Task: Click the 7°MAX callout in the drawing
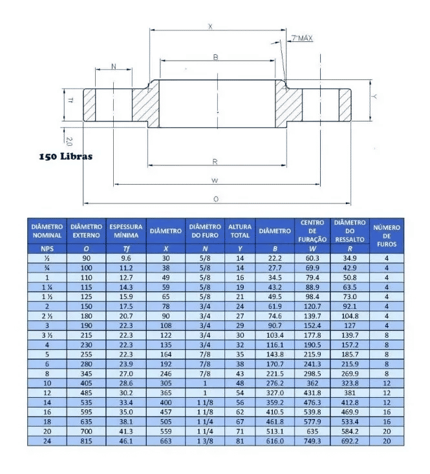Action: click(302, 39)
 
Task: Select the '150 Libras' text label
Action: click(65, 156)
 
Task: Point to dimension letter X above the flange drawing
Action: click(210, 26)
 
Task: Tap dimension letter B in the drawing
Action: click(215, 57)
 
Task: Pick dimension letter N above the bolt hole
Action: click(114, 67)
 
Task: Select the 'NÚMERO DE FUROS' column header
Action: click(387, 236)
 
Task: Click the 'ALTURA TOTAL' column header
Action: click(240, 231)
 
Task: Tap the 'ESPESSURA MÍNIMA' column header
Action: click(126, 231)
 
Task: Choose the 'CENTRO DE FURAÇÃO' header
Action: click(312, 231)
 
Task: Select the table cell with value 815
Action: click(86, 441)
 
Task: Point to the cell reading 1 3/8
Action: click(205, 441)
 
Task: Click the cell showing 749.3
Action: click(312, 441)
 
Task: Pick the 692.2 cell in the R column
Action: click(349, 441)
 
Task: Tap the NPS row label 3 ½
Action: click(47, 336)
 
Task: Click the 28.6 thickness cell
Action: click(126, 382)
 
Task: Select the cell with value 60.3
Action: click(312, 258)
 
